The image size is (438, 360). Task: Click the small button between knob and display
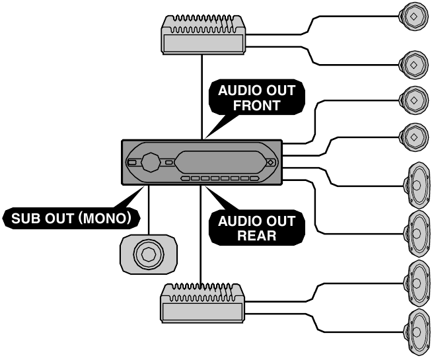169,161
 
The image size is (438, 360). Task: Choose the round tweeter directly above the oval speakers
413,136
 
